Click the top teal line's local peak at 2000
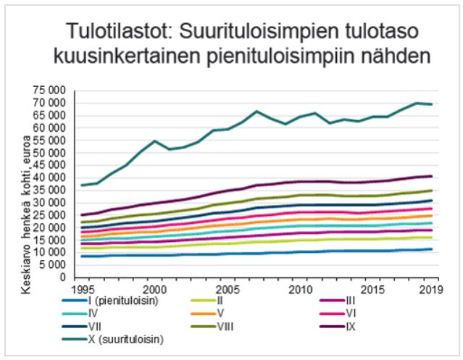tap(155, 141)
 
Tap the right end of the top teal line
tap(433, 104)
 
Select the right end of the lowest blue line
tap(433, 248)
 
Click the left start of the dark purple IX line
tap(81, 214)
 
